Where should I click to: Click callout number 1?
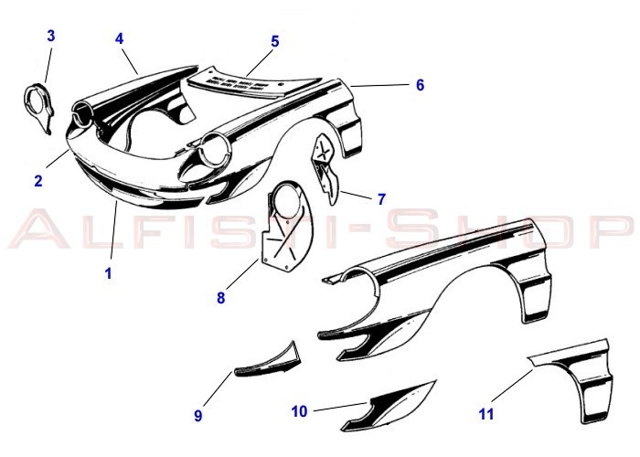pyautogui.click(x=108, y=273)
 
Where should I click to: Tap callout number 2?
pyautogui.click(x=38, y=180)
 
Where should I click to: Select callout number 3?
pyautogui.click(x=50, y=36)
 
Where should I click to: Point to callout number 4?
pyautogui.click(x=119, y=38)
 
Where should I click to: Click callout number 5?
pyautogui.click(x=275, y=41)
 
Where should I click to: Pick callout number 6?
pyautogui.click(x=420, y=85)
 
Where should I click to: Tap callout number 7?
pyautogui.click(x=381, y=199)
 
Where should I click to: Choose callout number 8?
pyautogui.click(x=221, y=298)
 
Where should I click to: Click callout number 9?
pyautogui.click(x=198, y=415)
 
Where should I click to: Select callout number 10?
pyautogui.click(x=299, y=411)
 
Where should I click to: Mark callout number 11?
pyautogui.click(x=486, y=414)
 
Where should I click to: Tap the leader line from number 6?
pyautogui.click(x=379, y=85)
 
